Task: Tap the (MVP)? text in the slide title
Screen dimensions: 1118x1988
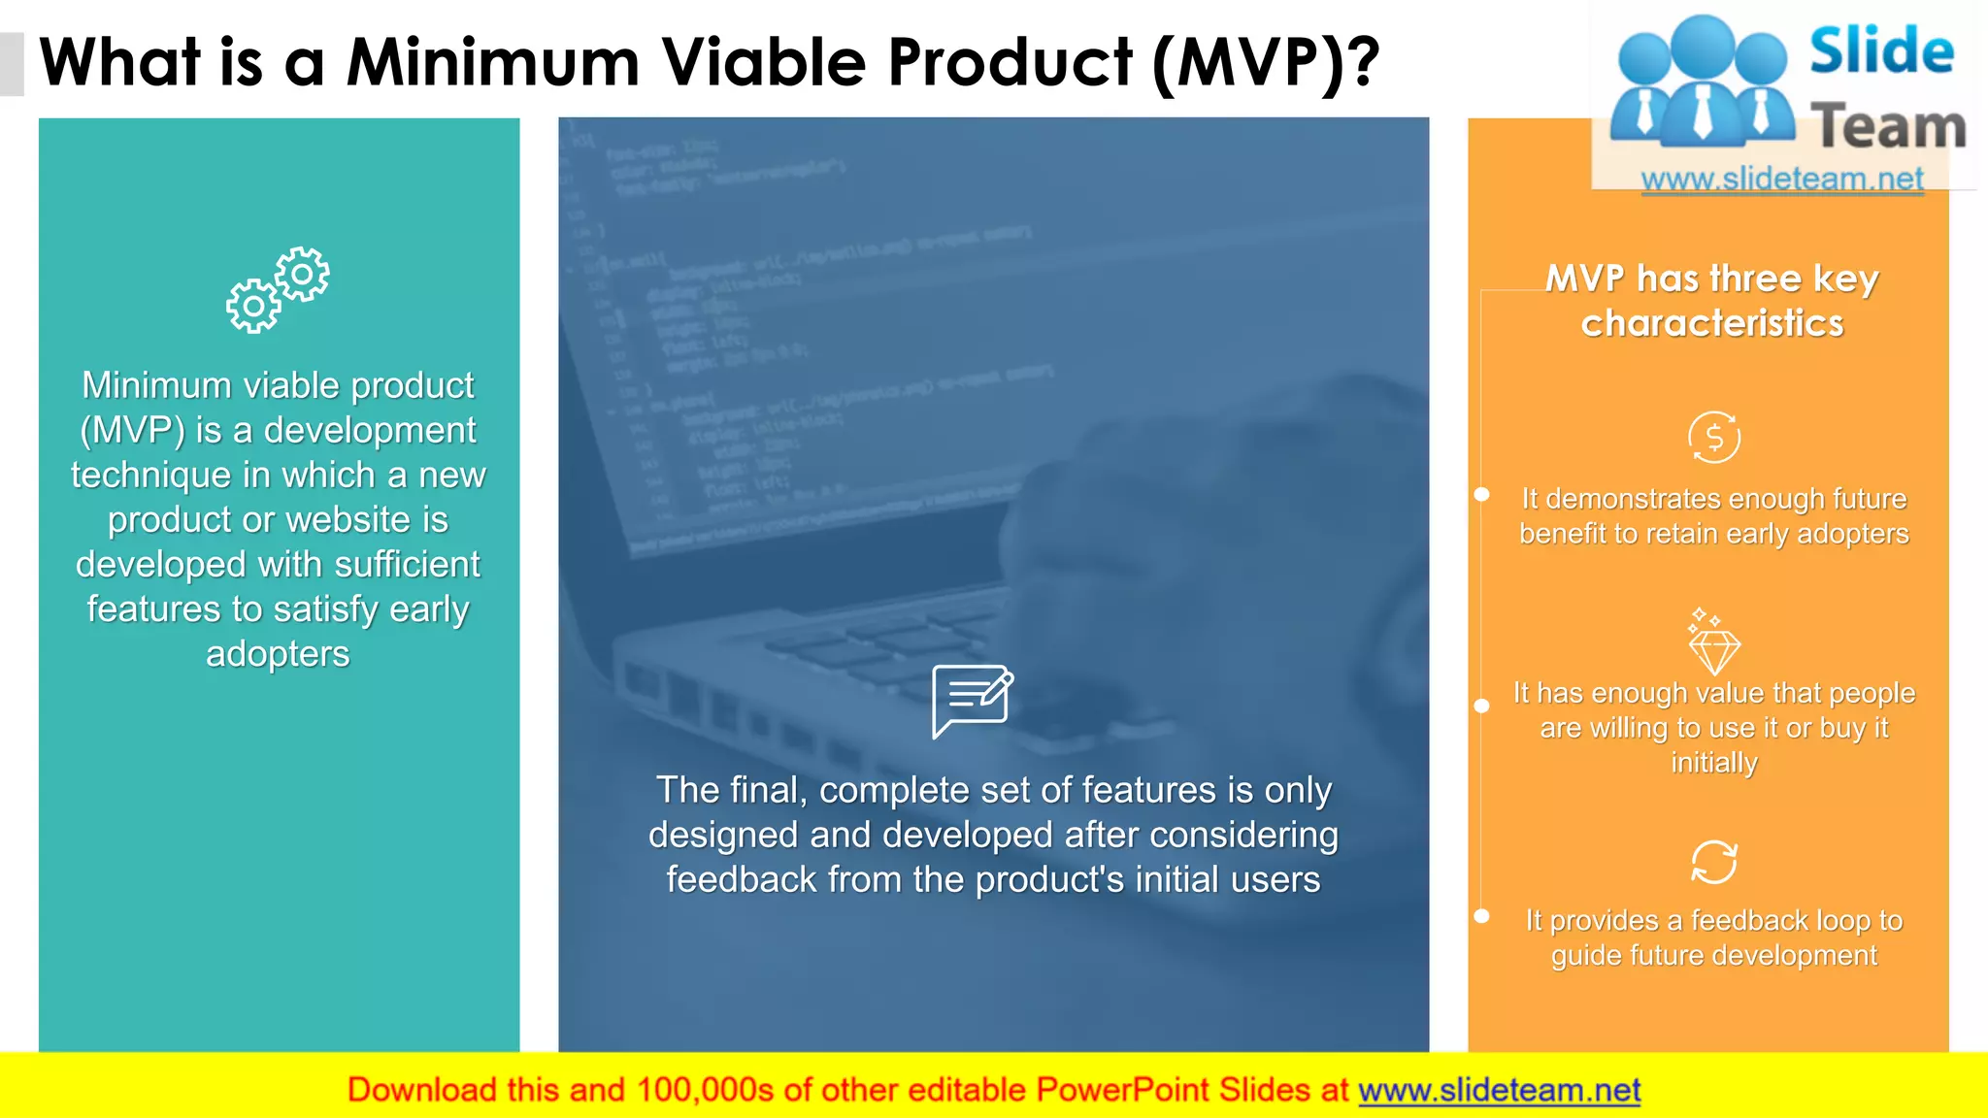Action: [x=1266, y=63]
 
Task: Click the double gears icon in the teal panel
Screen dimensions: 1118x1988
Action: [x=278, y=290]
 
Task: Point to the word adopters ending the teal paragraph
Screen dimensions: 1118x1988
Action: [x=278, y=654]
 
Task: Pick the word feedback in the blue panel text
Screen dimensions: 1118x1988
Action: [x=742, y=880]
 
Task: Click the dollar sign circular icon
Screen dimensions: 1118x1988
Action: [x=1713, y=438]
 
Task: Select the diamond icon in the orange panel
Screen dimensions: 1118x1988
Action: [x=1713, y=644]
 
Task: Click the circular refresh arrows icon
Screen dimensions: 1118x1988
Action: [x=1713, y=862]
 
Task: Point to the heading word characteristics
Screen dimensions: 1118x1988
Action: [x=1711, y=323]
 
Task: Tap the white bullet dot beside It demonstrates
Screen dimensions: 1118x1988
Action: [x=1481, y=495]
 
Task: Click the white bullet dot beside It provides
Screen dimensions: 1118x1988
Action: [x=1481, y=916]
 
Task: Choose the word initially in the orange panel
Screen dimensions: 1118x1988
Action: [x=1713, y=763]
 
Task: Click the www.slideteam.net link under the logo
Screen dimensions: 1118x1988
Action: [x=1781, y=179]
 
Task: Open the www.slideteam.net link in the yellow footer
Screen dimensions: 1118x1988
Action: [x=1499, y=1090]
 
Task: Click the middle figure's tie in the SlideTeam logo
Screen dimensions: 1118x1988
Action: [x=1703, y=111]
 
